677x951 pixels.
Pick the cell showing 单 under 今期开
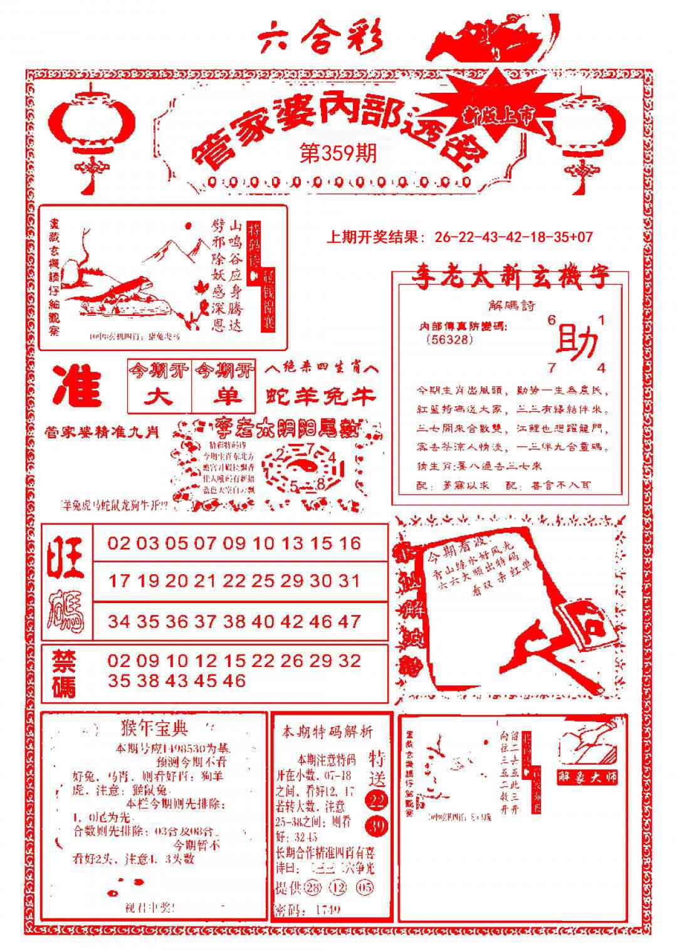coord(224,397)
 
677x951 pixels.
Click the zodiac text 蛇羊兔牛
coord(320,396)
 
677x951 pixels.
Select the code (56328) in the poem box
coord(449,339)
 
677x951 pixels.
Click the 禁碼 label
coord(63,673)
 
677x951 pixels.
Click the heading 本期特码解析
coord(327,731)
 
